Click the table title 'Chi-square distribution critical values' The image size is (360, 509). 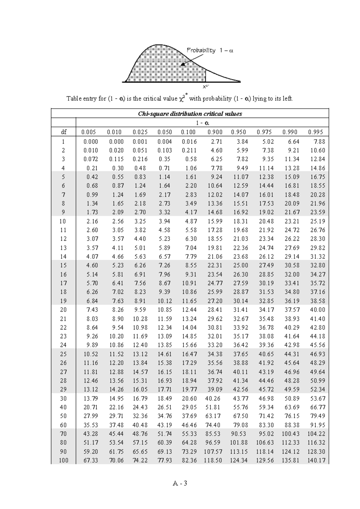pos(190,114)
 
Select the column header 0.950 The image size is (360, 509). pos(238,132)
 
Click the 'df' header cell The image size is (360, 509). pos(63,132)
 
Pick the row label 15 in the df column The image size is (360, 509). pos(63,265)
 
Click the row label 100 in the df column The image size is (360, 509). pos(63,460)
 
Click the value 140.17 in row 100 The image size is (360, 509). pos(316,460)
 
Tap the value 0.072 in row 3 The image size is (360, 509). pos(91,159)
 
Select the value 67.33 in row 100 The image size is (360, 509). pos(91,460)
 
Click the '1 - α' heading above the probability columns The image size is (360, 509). pos(202,123)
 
